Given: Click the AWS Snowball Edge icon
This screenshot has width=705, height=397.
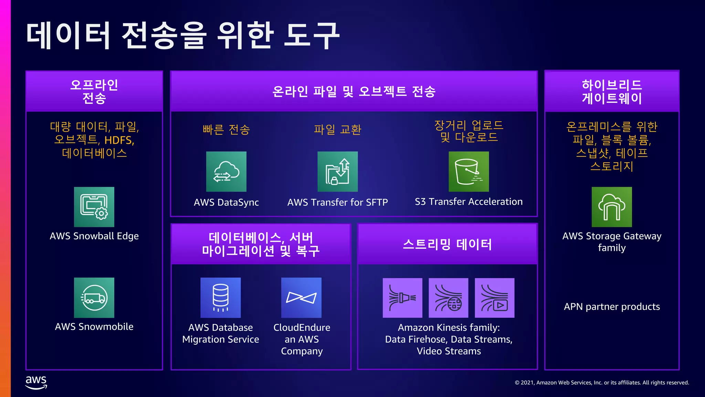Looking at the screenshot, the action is (94, 207).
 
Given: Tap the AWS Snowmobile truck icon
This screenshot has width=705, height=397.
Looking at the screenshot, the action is (94, 298).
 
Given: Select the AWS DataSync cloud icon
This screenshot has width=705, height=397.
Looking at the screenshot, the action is (226, 172).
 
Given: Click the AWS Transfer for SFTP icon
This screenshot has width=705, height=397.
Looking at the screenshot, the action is (337, 172).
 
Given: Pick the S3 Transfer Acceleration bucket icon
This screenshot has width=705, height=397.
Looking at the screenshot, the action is (469, 172).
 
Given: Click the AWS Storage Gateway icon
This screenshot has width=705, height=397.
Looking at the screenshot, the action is (612, 207).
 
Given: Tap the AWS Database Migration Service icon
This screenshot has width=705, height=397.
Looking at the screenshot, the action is (221, 298).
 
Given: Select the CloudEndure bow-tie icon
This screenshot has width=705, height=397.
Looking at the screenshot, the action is (301, 298).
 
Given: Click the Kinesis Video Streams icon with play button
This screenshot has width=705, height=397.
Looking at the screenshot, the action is (494, 298).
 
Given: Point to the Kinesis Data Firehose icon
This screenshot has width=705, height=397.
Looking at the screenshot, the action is (402, 298).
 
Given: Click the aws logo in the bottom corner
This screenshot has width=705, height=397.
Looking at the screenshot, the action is (36, 382).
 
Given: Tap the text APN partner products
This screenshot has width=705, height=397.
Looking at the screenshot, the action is (612, 307).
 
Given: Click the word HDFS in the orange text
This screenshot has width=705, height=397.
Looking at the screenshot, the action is (118, 140).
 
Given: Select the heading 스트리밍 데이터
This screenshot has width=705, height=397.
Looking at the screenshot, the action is (447, 244).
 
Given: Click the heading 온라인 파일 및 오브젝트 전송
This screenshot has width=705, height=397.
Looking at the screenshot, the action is (354, 91).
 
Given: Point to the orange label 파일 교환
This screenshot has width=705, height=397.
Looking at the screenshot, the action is (337, 130).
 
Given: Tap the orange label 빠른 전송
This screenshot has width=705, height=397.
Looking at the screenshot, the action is (226, 130).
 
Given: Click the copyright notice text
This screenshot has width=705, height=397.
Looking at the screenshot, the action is (602, 383).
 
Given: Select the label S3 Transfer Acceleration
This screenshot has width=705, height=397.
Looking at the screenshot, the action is (469, 202).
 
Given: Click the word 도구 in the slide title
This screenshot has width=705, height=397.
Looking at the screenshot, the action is (312, 35).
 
